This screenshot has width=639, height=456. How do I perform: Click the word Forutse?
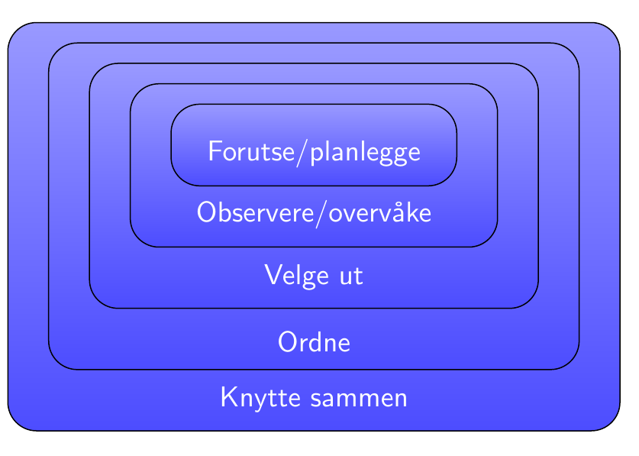click(x=251, y=151)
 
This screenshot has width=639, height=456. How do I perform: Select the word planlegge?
click(x=365, y=154)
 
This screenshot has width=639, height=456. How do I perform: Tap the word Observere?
click(x=256, y=212)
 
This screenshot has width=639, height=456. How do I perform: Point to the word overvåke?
click(x=380, y=212)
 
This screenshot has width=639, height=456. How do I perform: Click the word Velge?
click(x=297, y=275)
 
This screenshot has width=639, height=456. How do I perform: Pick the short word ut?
click(x=351, y=277)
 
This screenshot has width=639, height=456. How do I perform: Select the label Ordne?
click(x=315, y=341)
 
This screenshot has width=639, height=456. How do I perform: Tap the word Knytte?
click(x=261, y=397)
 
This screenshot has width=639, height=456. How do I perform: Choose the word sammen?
click(x=359, y=399)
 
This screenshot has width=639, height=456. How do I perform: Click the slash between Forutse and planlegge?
click(x=302, y=153)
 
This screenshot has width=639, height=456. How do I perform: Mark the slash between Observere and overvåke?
click(x=321, y=213)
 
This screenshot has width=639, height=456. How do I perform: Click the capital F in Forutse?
click(x=215, y=151)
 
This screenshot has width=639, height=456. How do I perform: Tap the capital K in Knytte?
click(x=229, y=396)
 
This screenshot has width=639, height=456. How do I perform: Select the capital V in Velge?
click(x=273, y=274)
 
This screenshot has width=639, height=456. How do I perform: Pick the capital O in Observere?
click(x=206, y=212)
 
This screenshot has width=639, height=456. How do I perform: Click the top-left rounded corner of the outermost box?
click(x=16, y=31)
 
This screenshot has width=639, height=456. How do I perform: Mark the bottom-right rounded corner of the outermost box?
click(x=612, y=422)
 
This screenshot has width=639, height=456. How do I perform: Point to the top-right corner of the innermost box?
click(x=449, y=112)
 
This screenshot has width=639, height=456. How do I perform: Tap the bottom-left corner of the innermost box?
click(x=179, y=178)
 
